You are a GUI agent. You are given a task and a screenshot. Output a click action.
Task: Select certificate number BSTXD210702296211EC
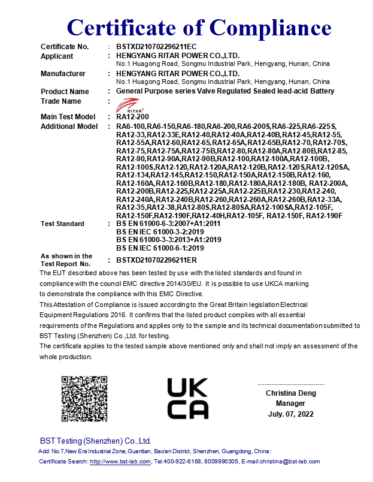click(x=156, y=47)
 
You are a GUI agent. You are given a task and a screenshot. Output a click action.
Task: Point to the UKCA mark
click(x=187, y=398)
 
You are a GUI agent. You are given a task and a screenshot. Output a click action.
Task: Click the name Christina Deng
click(x=291, y=393)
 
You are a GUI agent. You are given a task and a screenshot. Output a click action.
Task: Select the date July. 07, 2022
click(x=290, y=414)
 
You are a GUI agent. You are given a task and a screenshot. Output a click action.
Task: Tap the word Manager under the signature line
click(x=290, y=403)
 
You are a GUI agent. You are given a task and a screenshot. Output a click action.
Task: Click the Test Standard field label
click(x=62, y=224)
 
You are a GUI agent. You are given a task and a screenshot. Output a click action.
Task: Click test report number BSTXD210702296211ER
click(x=156, y=260)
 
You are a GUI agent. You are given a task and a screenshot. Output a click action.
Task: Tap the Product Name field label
click(x=65, y=92)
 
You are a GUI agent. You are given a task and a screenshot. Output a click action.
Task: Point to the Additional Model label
click(x=69, y=126)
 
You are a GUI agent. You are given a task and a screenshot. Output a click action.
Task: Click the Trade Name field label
click(x=60, y=101)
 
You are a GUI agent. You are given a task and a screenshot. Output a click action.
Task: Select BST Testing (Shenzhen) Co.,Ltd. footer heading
click(x=95, y=441)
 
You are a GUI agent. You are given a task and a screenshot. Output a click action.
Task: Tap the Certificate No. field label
click(x=65, y=47)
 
